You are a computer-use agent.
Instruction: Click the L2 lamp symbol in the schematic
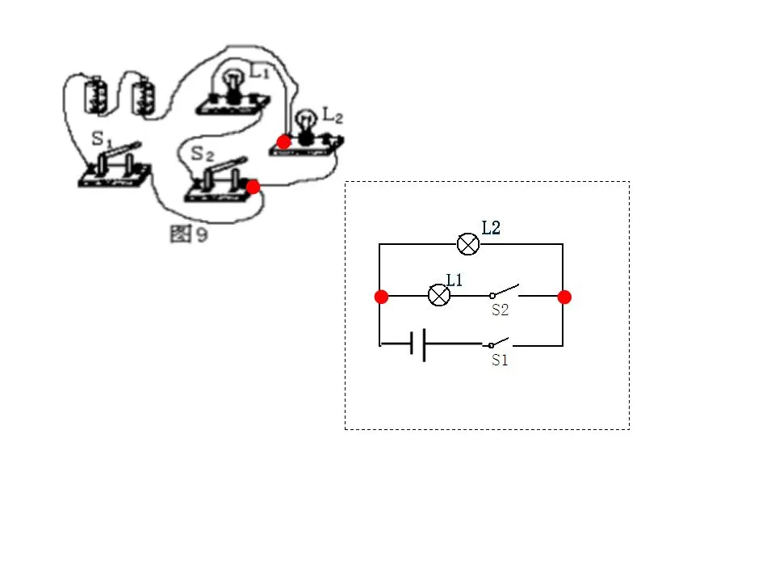(467, 244)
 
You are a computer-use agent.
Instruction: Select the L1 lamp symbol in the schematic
(439, 296)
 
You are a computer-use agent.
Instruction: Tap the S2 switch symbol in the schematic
(504, 292)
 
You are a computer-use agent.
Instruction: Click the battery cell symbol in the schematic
(418, 345)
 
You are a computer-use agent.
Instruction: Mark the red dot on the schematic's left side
(381, 297)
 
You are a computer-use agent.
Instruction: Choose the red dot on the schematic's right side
(564, 297)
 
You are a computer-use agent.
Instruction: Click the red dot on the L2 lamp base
(283, 142)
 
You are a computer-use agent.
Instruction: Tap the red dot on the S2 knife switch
(253, 187)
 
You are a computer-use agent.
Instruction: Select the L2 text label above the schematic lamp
(491, 228)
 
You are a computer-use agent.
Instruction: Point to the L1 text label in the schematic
(455, 280)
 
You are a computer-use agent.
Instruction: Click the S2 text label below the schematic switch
(501, 310)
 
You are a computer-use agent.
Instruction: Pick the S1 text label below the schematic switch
(500, 361)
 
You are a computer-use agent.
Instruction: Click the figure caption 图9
(189, 234)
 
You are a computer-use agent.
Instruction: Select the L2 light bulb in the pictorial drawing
(306, 126)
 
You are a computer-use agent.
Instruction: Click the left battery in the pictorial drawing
(95, 95)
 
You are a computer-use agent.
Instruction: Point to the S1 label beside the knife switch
(103, 139)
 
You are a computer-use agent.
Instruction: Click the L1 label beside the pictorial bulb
(259, 72)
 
